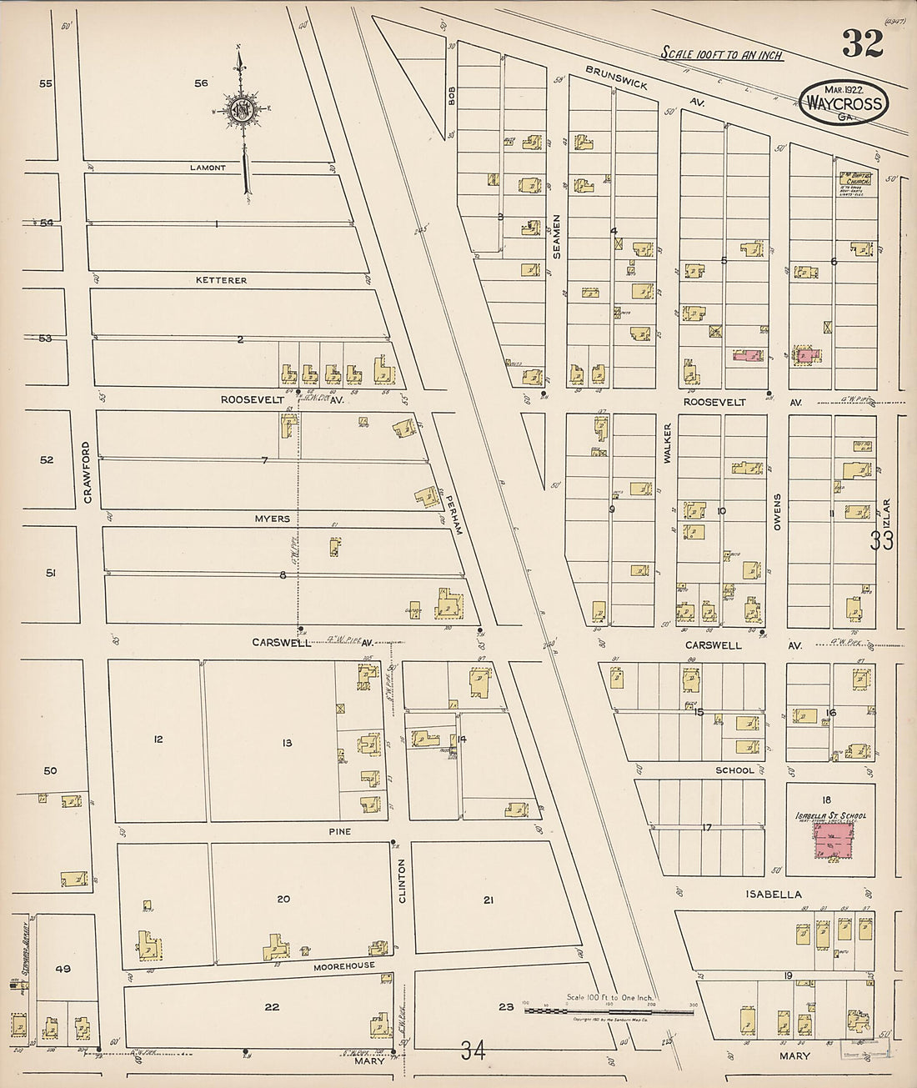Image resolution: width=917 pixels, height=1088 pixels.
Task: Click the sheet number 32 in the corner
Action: (862, 43)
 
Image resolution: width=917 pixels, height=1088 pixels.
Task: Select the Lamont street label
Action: (208, 168)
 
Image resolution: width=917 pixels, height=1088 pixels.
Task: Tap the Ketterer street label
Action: (221, 280)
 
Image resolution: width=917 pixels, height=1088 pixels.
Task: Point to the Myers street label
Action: (273, 519)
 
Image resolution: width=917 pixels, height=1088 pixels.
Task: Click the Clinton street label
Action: (401, 883)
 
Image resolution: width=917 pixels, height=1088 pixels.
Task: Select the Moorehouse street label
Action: (344, 965)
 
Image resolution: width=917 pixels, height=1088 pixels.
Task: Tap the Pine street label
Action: (339, 831)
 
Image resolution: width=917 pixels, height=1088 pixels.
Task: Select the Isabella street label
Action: (774, 895)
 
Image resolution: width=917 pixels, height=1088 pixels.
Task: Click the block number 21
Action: (489, 899)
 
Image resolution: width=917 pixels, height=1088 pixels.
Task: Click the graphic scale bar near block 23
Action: (608, 1010)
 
